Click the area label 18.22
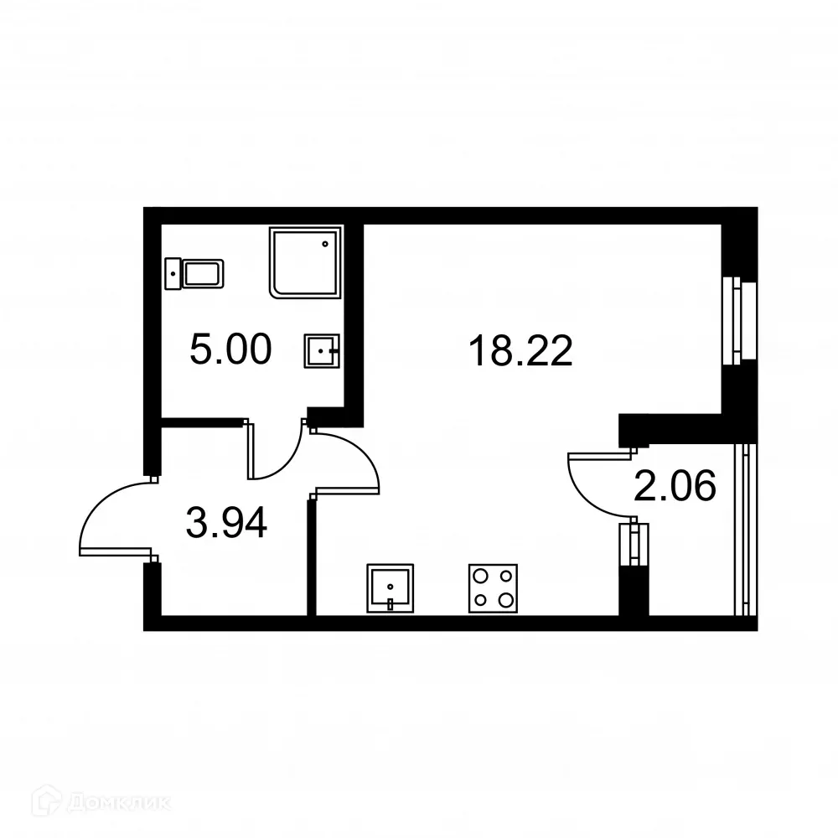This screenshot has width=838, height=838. pyautogui.click(x=520, y=351)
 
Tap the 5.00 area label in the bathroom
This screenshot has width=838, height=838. pyautogui.click(x=230, y=349)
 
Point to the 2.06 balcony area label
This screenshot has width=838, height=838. pyautogui.click(x=675, y=486)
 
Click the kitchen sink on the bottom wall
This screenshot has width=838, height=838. pyautogui.click(x=390, y=588)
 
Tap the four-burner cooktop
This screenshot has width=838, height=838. pyautogui.click(x=493, y=588)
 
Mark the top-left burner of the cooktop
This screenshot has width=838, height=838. pyautogui.click(x=482, y=577)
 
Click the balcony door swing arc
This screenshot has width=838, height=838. pyautogui.click(x=591, y=486)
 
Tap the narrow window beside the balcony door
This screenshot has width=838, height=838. pyautogui.click(x=634, y=545)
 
